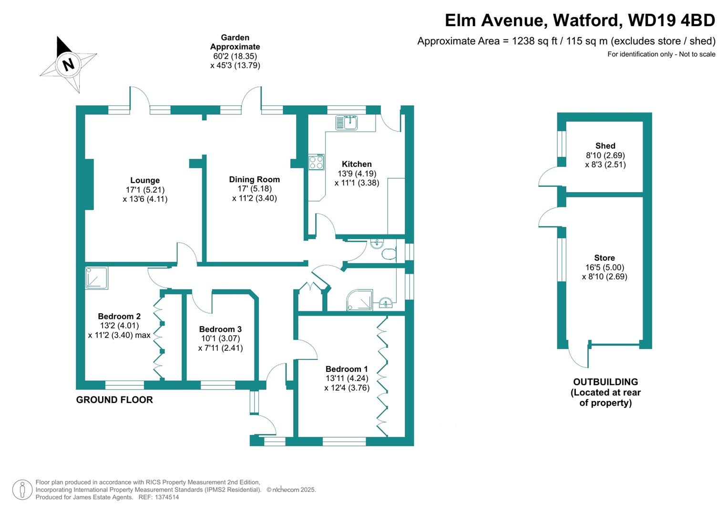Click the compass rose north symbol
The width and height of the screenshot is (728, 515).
pos(69,64)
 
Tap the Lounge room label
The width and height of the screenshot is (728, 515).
pos(145,180)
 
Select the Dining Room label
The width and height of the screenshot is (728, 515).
pos(254,179)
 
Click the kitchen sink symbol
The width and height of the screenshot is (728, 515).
pos(347,123)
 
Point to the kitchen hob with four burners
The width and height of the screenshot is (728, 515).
pos(316,163)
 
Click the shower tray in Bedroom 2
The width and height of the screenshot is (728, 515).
pos(97,278)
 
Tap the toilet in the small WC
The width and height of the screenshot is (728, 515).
pos(389,253)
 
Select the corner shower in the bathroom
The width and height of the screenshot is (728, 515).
pos(360,300)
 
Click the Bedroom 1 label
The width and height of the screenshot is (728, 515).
pos(347,369)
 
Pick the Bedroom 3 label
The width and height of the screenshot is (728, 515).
pos(220,329)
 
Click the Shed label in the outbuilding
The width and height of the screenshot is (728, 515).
pos(605,146)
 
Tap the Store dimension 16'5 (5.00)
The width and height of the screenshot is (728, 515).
pos(605,268)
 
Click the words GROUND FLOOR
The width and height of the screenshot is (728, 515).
pos(114,400)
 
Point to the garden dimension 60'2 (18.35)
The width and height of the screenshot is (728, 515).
pos(235,56)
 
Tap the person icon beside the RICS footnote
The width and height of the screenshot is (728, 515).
pos(22,490)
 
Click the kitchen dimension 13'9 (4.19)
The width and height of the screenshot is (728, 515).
pos(357,174)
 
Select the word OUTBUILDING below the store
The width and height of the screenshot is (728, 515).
pos(605,382)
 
